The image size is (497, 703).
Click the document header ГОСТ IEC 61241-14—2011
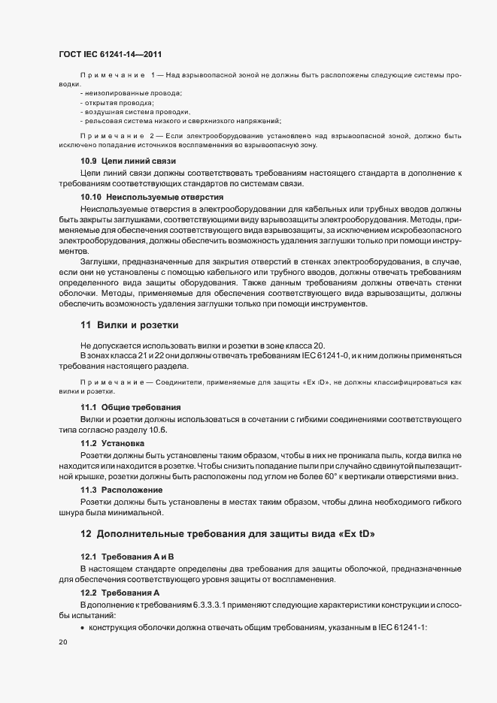[x=109, y=55]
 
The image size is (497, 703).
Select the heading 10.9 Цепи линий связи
[x=128, y=161]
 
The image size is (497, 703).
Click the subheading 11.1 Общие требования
[x=131, y=407]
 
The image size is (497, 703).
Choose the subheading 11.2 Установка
[x=113, y=444]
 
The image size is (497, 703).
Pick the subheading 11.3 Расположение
[x=121, y=490]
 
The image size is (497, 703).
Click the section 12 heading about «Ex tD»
[x=227, y=534]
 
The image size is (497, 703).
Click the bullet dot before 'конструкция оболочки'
[x=83, y=626]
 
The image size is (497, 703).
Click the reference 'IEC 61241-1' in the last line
[x=402, y=626]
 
